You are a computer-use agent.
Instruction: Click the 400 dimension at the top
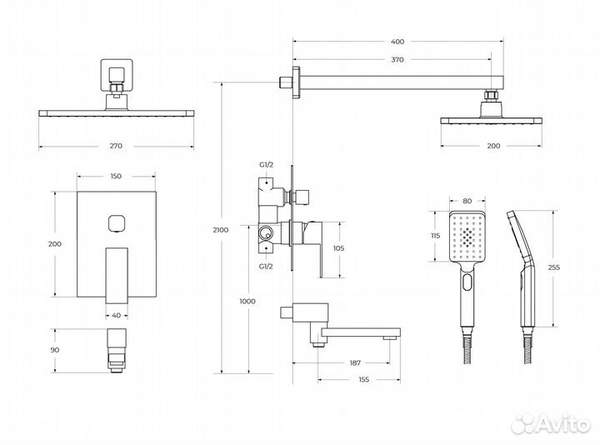click(398, 42)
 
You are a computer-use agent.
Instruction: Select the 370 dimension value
click(397, 60)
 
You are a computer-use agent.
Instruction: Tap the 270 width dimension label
click(116, 146)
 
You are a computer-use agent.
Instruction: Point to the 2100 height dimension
click(221, 230)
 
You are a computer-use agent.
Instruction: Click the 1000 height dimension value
click(247, 302)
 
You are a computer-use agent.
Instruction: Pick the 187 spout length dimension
click(355, 362)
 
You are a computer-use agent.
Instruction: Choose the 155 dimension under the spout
click(364, 379)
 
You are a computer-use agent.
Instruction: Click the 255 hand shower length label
click(553, 267)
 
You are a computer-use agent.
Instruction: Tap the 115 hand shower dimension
click(435, 236)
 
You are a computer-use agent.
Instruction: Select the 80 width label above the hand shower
click(467, 202)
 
